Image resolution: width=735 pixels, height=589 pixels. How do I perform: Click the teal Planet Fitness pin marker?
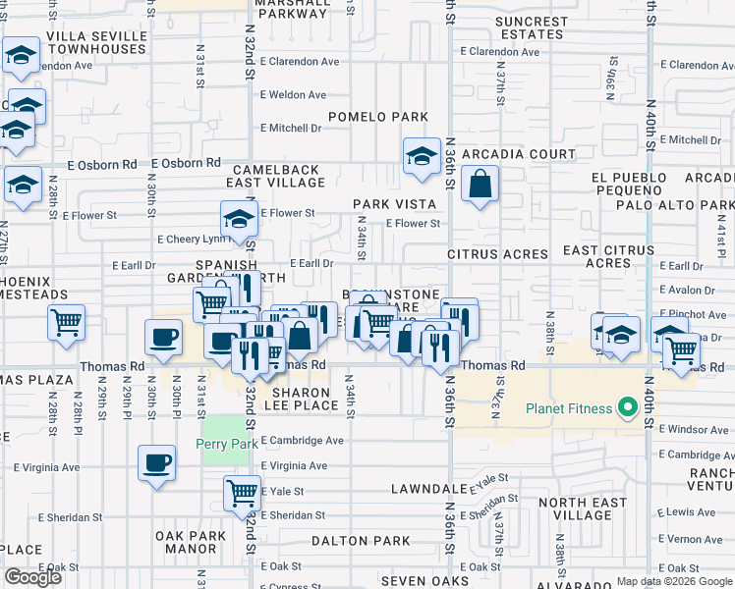pos(625,408)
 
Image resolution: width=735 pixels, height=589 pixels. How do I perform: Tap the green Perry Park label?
pos(227,444)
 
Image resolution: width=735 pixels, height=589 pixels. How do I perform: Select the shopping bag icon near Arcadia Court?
pos(479,184)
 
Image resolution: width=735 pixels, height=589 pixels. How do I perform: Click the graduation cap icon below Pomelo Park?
pos(422,156)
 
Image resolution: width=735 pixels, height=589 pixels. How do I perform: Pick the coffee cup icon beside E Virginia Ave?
pos(156,462)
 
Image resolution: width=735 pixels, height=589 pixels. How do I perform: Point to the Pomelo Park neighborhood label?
pos(378,117)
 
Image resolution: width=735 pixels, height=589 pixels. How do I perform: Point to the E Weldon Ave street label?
pos(292,95)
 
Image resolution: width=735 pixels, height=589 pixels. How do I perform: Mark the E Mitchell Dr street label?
pos(291,128)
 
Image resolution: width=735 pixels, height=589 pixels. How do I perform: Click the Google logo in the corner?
pos(32,577)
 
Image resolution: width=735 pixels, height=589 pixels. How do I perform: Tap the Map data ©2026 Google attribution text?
pos(674,581)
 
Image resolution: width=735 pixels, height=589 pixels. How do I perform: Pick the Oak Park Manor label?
pos(186,542)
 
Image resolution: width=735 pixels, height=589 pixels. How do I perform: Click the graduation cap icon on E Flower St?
pos(239,221)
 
